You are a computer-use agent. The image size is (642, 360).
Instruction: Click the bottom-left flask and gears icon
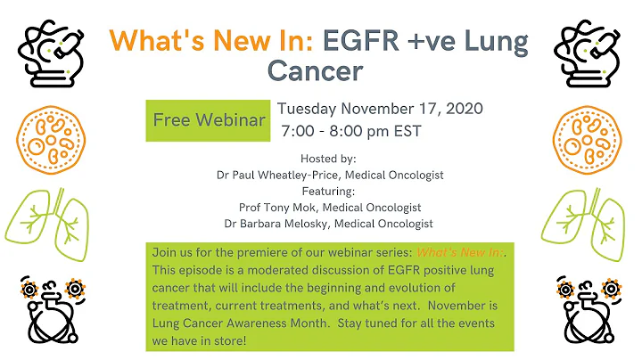[53, 311]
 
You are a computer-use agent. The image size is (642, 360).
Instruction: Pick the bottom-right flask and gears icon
[588, 311]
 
